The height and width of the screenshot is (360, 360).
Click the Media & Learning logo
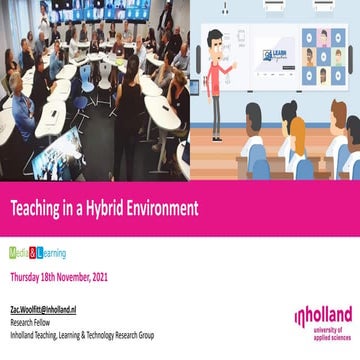tap(37, 253)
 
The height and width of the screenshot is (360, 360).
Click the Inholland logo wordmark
tap(322, 317)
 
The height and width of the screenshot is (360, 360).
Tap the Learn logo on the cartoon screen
tap(275, 55)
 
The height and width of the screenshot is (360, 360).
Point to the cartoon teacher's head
tap(214, 41)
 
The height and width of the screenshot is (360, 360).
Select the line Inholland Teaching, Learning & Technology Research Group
tap(82, 336)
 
